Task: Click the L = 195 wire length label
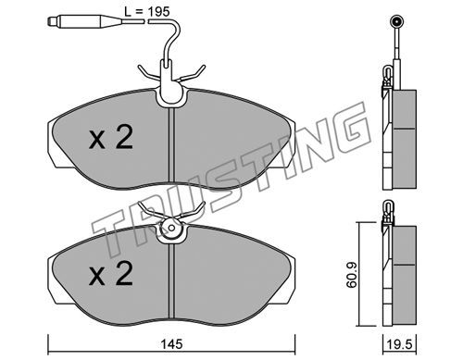coord(147,12)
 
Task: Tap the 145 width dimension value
coord(172,344)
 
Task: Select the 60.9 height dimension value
coord(351,275)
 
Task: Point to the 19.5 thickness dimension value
coord(400,344)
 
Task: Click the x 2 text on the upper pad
coord(111,138)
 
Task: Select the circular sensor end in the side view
coord(396,21)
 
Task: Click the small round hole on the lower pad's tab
coord(172,229)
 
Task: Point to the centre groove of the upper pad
coord(172,145)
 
